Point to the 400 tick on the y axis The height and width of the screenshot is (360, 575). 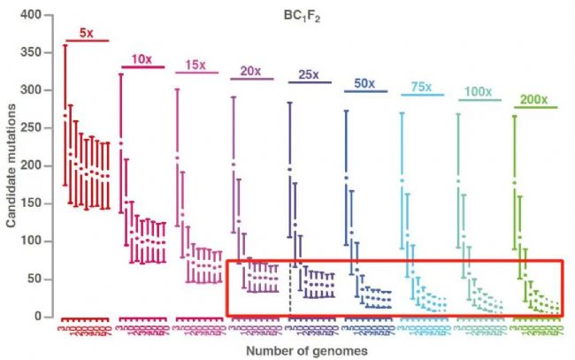coord(31,15)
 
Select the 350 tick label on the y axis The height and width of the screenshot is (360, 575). coord(31,53)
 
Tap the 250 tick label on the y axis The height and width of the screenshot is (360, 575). coord(31,128)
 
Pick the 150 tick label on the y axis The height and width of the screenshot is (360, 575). coord(31,203)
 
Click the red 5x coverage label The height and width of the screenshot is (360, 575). coord(87,33)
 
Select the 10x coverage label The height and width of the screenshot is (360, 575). coord(141,58)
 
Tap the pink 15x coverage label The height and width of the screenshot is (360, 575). coord(195,65)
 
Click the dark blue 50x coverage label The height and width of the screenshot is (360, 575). coord(364,83)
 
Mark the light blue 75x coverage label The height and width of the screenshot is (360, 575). coord(421,86)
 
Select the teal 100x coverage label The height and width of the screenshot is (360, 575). coord(478,91)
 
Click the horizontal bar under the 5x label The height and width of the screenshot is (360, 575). coord(87,41)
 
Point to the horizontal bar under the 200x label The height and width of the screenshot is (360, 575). coord(535,107)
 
